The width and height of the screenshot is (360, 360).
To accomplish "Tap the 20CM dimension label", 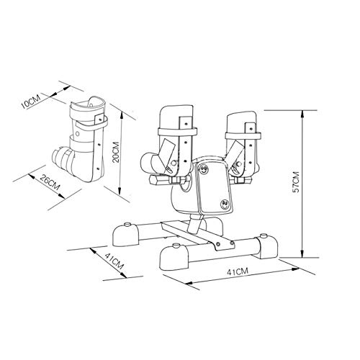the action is (116, 152).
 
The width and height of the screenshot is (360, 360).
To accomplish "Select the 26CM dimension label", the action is (50, 181).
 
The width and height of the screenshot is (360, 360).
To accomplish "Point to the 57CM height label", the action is (297, 182).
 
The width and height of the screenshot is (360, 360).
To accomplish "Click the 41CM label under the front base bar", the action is (238, 271).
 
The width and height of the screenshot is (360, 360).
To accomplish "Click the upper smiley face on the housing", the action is (204, 169).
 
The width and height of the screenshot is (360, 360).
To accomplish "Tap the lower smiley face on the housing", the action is (225, 204).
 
